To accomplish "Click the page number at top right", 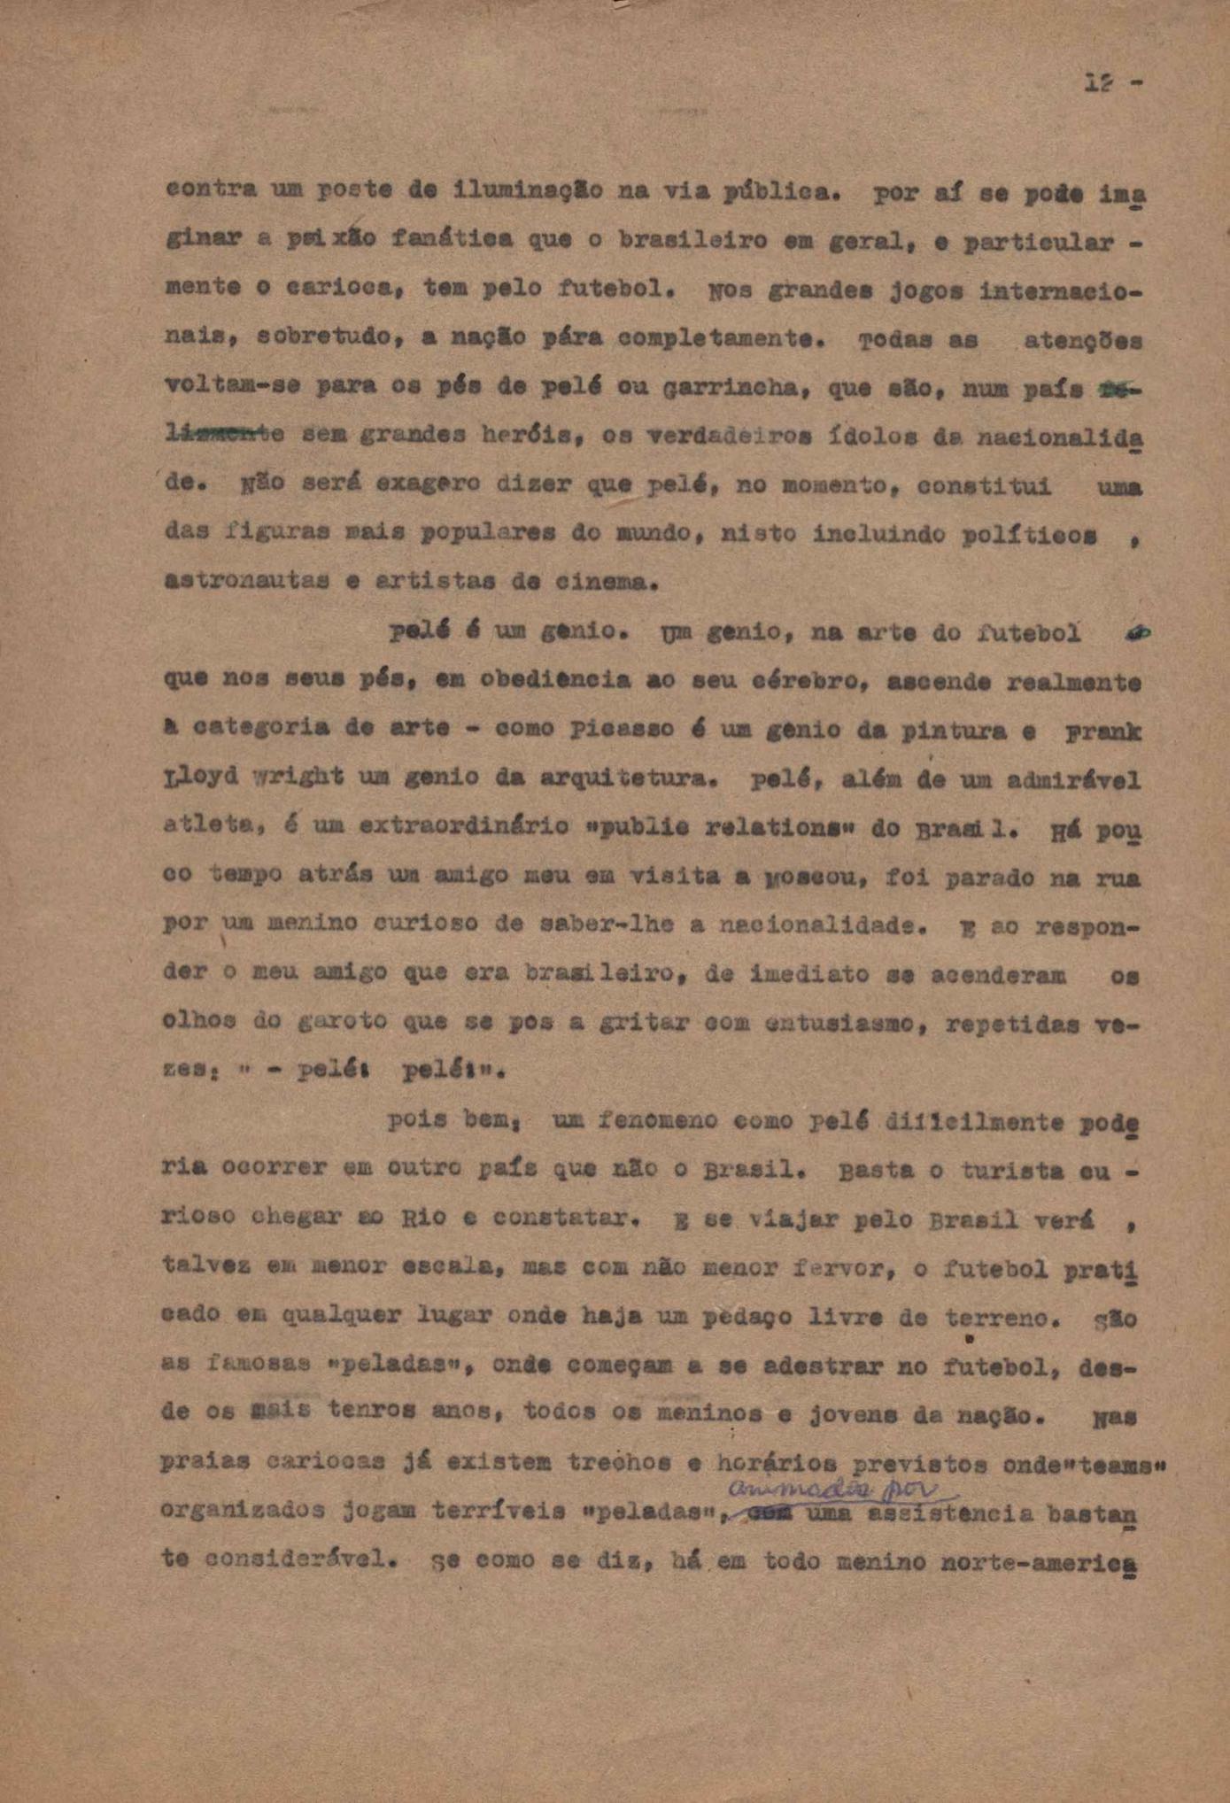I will pyautogui.click(x=1111, y=83).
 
